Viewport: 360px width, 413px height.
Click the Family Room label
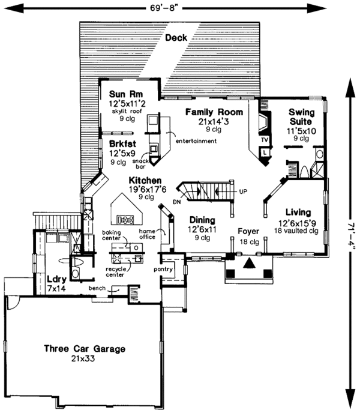point(214,112)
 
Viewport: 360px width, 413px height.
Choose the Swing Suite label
point(301,116)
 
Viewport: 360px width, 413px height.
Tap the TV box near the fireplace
point(263,140)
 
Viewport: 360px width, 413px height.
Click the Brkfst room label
point(121,144)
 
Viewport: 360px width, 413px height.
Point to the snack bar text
point(142,163)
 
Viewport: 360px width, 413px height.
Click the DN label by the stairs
point(176,202)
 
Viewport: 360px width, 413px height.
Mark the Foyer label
point(248,231)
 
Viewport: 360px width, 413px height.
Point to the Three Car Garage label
point(84,348)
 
